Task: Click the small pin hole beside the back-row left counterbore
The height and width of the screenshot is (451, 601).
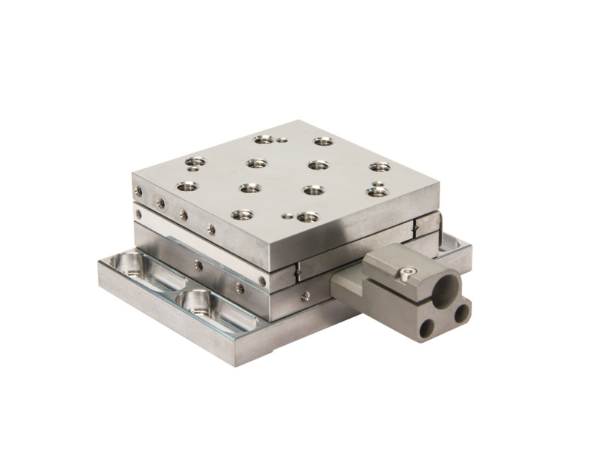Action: [x=282, y=139]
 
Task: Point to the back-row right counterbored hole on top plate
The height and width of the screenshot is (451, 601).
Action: [x=323, y=141]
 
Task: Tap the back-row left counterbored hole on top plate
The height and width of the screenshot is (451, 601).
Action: [x=263, y=139]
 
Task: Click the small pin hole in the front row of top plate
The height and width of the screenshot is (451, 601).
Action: [x=286, y=215]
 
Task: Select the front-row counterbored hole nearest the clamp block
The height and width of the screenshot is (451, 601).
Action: [x=307, y=217]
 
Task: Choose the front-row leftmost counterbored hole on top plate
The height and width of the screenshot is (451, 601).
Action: [x=241, y=214]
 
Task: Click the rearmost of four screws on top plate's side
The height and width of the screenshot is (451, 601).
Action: [x=138, y=192]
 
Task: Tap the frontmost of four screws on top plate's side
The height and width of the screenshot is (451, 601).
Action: [x=211, y=229]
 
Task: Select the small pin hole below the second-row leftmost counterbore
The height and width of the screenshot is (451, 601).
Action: [x=192, y=169]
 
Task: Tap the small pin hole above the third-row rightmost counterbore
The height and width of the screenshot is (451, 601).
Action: [x=378, y=183]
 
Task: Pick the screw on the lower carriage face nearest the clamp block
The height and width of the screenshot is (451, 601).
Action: [x=304, y=296]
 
